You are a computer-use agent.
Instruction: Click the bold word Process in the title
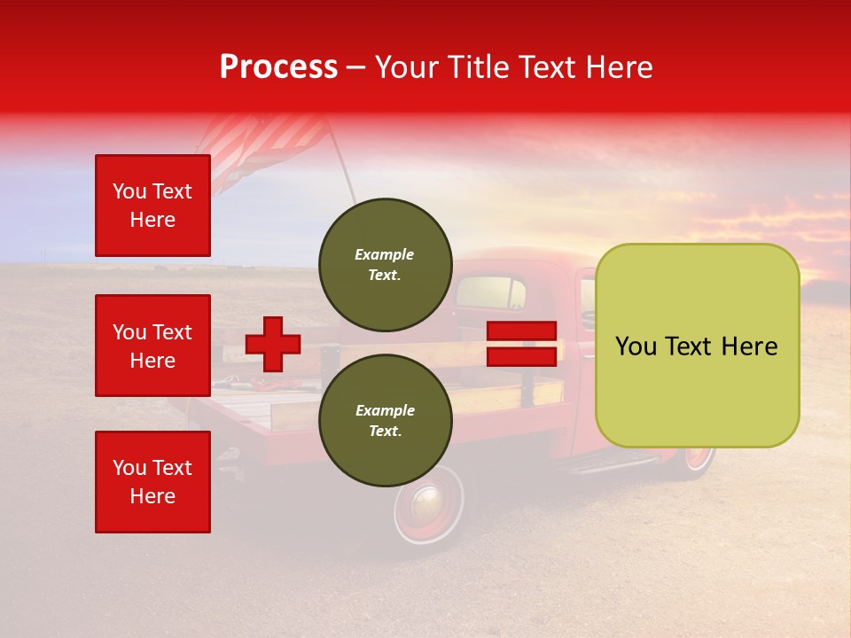pos(278,67)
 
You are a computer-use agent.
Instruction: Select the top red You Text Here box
pos(152,206)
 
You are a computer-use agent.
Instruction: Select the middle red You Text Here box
pos(152,346)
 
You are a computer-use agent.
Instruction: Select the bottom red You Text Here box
pos(152,482)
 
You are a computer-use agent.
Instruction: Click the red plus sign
pos(273,344)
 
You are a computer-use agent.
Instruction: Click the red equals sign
pos(522,344)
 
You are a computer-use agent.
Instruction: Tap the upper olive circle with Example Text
pos(385,264)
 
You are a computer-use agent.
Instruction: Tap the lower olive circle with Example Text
pos(385,420)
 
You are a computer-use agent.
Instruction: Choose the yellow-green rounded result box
pos(697,346)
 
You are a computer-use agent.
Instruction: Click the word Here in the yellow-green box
pos(751,346)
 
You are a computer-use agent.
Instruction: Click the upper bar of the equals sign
pos(522,331)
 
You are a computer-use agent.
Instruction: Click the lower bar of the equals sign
pos(522,356)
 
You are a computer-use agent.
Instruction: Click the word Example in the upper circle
pos(385,254)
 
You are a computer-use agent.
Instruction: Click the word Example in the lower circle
pos(385,410)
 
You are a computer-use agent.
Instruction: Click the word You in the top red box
pos(129,191)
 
